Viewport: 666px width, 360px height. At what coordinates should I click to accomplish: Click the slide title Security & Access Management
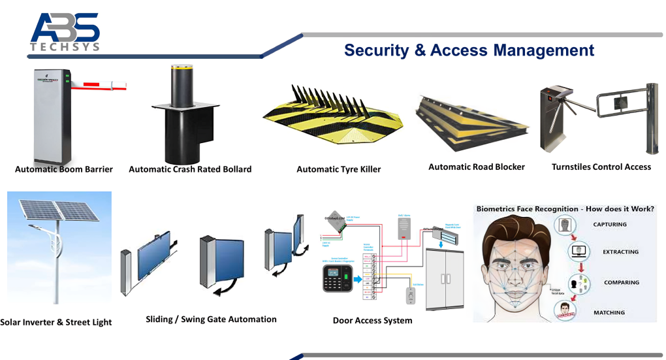tap(469, 50)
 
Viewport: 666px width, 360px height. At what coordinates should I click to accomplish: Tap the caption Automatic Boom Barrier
tap(64, 169)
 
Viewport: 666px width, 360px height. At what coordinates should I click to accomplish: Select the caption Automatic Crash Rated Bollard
tap(190, 169)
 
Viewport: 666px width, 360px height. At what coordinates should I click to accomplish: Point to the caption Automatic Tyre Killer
tap(338, 169)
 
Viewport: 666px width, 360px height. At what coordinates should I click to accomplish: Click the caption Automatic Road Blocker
tap(476, 167)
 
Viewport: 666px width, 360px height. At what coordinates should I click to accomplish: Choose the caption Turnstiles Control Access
tap(601, 167)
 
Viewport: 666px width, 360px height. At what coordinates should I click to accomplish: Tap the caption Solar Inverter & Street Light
tap(56, 322)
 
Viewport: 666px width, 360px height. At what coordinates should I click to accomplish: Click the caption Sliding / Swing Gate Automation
tap(211, 319)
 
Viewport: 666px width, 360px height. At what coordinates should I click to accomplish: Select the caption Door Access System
tap(372, 320)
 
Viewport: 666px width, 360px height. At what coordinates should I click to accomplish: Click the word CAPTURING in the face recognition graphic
tap(610, 224)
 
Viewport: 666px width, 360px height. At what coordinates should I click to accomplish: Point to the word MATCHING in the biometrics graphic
tap(609, 312)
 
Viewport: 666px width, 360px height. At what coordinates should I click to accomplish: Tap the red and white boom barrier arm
tap(98, 84)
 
